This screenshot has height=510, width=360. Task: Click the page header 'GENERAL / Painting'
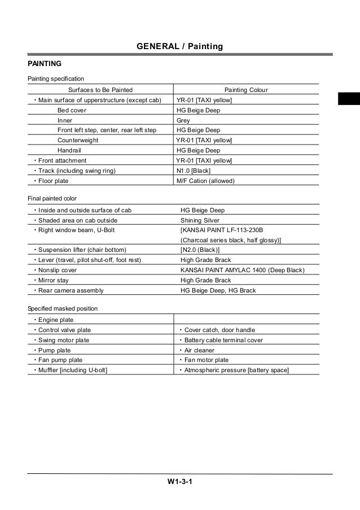(180, 46)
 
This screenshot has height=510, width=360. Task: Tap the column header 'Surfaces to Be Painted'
(100, 90)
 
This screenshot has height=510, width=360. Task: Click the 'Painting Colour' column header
(246, 90)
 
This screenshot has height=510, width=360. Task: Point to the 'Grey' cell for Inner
(183, 120)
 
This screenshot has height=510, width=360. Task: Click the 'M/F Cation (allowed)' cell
(205, 181)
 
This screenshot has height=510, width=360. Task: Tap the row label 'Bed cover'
(72, 110)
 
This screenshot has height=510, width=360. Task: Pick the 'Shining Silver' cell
(200, 220)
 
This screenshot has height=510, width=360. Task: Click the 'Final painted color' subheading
(52, 199)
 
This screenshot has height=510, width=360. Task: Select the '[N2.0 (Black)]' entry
(200, 250)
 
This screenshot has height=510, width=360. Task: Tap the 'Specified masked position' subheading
(63, 308)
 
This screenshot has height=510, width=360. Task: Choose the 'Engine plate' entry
(55, 320)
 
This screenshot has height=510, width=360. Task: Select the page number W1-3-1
(179, 482)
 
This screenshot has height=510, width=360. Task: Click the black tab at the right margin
(349, 98)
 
